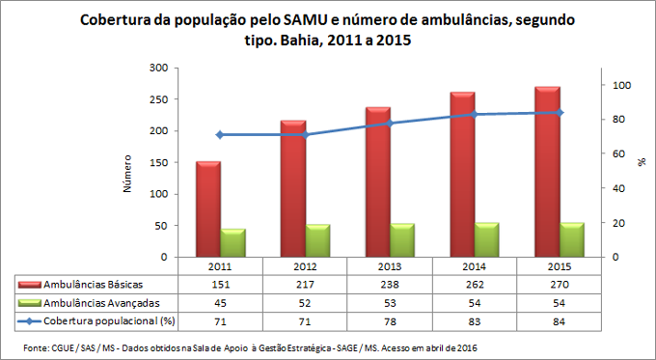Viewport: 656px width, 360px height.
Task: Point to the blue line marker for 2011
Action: (x=219, y=134)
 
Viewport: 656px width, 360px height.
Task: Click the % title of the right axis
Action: (x=640, y=164)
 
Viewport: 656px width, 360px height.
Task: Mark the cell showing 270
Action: (x=558, y=284)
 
